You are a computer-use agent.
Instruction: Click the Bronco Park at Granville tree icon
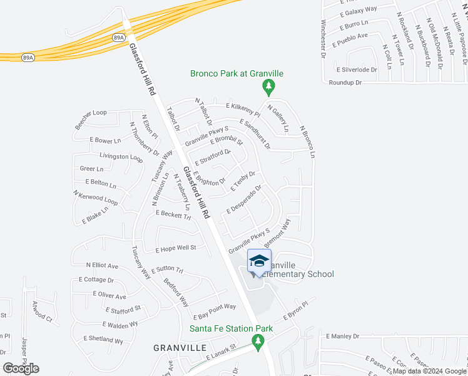[269, 86]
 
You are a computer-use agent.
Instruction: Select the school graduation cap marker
[259, 260]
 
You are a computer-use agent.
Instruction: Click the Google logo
[21, 368]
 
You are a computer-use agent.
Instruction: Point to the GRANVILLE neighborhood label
[180, 347]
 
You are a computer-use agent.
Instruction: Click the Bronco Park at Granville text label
[237, 73]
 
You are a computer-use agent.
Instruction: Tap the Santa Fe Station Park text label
[231, 328]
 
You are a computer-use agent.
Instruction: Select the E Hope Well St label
[176, 248]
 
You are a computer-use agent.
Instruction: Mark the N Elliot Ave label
[102, 266]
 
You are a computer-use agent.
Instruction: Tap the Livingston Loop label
[121, 157]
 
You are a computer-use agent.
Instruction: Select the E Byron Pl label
[297, 311]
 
